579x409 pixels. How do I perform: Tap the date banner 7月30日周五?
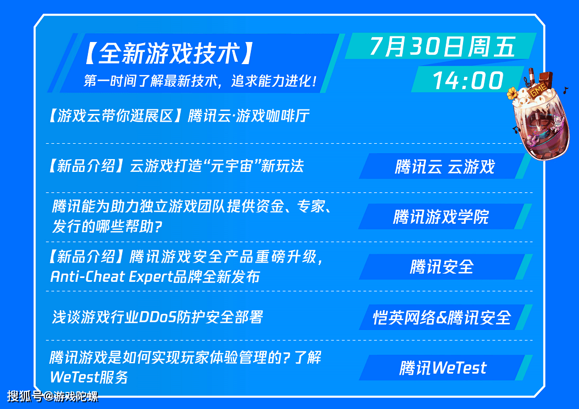[443, 46]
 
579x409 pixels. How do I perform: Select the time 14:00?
[468, 80]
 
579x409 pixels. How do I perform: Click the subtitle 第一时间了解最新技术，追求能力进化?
[200, 81]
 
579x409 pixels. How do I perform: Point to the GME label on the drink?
[538, 90]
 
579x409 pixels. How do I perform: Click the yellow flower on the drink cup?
[512, 93]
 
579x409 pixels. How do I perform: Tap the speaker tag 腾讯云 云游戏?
[445, 166]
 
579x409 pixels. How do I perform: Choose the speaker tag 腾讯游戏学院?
[441, 217]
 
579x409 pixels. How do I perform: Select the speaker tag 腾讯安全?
[441, 267]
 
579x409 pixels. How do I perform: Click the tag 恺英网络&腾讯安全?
[442, 317]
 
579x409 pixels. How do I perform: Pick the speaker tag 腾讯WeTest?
[443, 368]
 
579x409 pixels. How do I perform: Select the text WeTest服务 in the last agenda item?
[89, 377]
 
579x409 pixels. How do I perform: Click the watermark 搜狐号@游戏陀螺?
[53, 396]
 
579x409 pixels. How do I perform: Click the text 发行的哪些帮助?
[107, 227]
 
